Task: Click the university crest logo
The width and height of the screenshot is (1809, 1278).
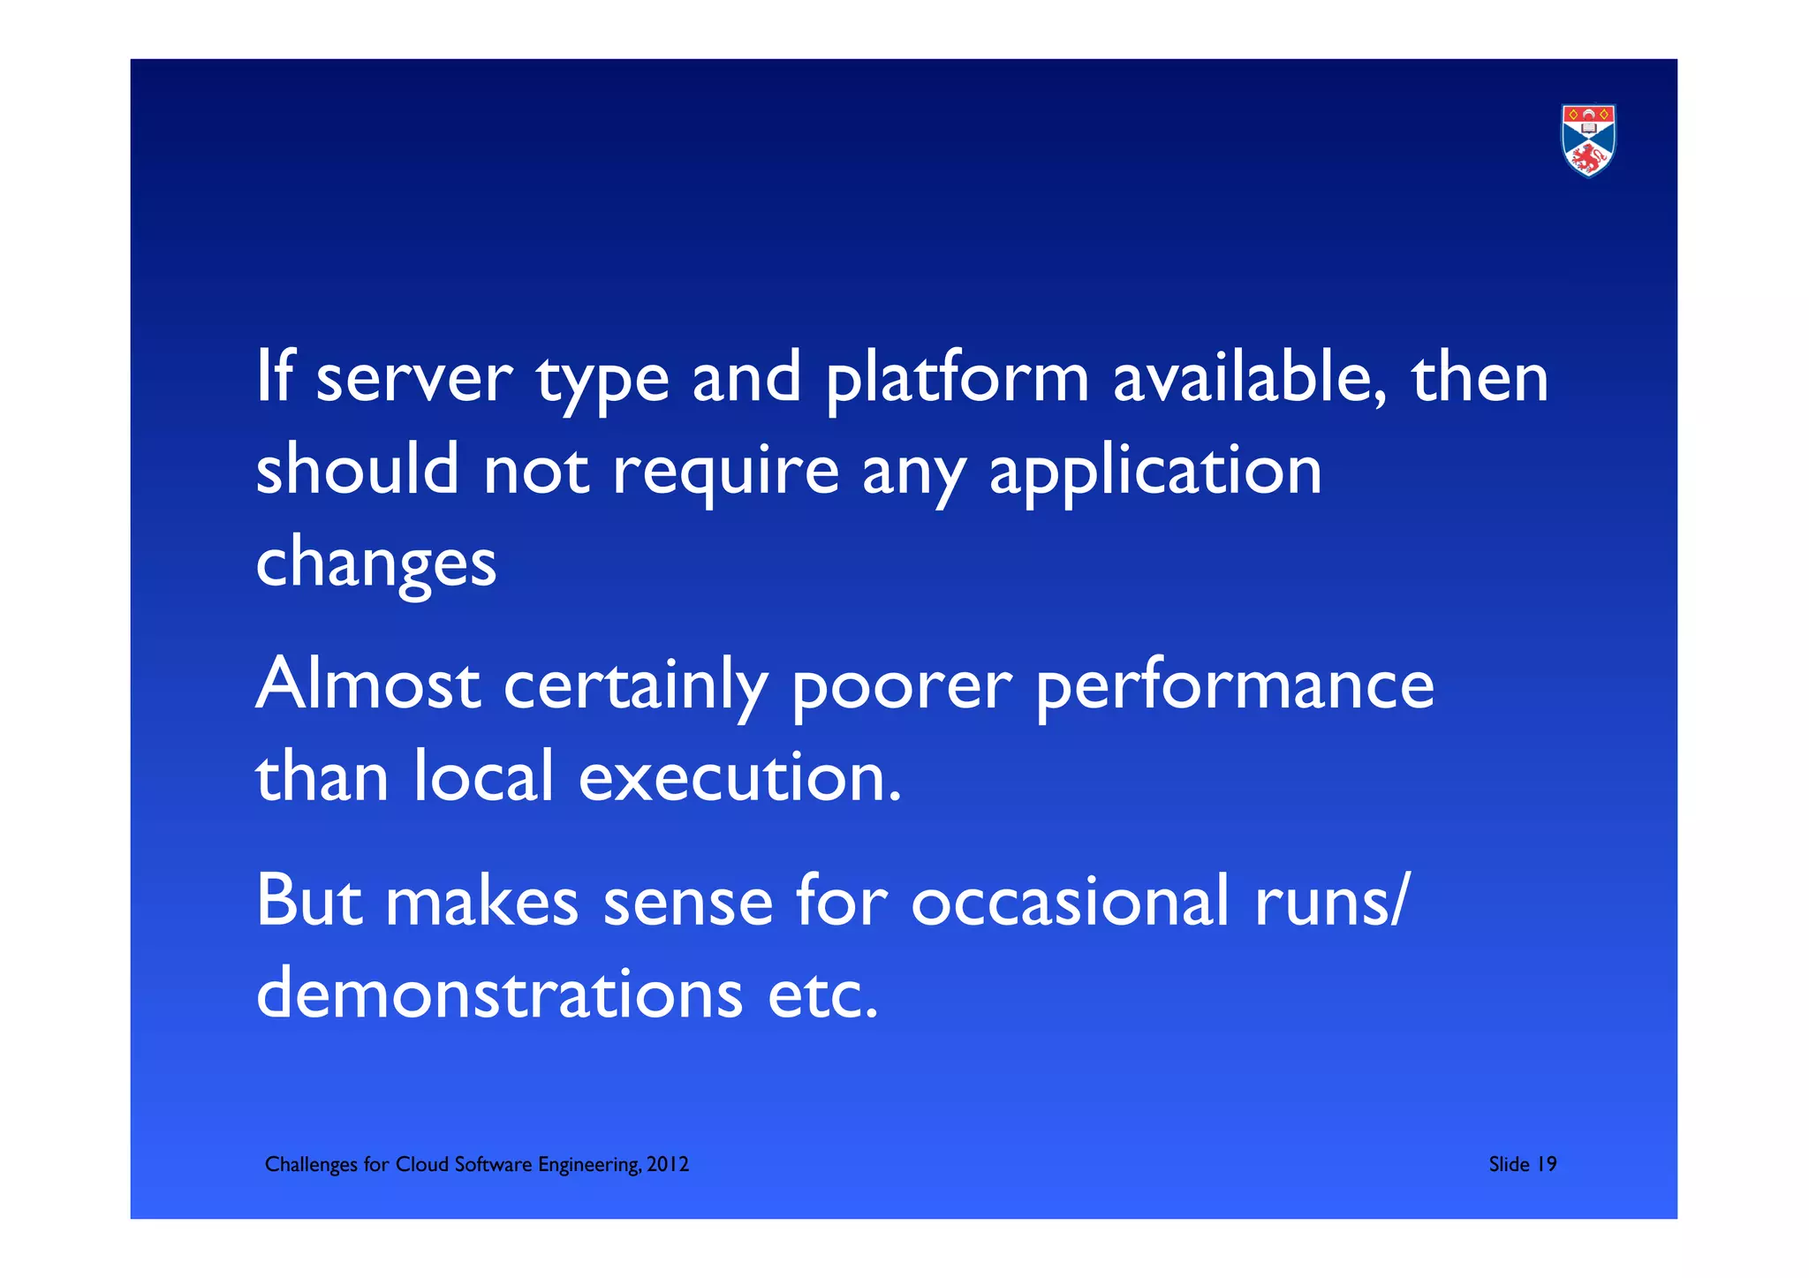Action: (1588, 140)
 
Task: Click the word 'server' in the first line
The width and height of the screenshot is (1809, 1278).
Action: (413, 378)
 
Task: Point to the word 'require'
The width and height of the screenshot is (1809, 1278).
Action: (725, 473)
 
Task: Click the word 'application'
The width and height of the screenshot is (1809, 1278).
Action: (1155, 473)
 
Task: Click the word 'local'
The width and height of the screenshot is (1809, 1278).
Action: (483, 777)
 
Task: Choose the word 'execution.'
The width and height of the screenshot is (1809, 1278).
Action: (740, 777)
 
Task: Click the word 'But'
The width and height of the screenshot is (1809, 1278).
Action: (308, 901)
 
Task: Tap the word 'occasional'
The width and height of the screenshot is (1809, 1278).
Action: (1070, 901)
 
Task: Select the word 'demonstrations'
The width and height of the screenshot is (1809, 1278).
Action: (500, 994)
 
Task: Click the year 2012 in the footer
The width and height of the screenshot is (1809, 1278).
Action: (668, 1165)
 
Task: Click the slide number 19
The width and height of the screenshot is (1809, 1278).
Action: (1547, 1165)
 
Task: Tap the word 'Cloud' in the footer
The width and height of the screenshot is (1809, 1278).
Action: (421, 1165)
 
